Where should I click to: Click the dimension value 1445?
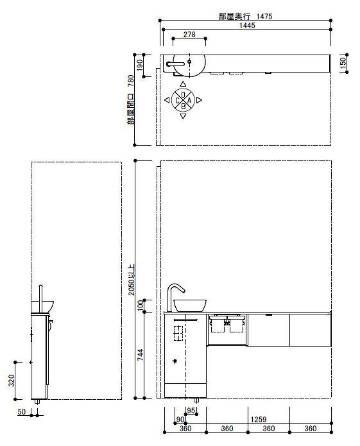click(x=247, y=25)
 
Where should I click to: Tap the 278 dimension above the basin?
click(x=189, y=35)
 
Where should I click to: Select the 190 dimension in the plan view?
click(x=140, y=65)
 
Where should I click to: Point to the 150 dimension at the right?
click(x=343, y=62)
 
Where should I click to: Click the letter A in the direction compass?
click(x=189, y=100)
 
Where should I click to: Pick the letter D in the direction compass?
click(x=183, y=94)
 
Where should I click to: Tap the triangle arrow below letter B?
click(x=183, y=116)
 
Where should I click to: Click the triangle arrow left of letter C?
click(x=167, y=100)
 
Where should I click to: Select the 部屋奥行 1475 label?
click(x=245, y=16)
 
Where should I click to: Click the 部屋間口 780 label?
click(x=130, y=99)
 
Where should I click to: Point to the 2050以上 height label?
click(x=131, y=280)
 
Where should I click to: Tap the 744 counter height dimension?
click(x=140, y=355)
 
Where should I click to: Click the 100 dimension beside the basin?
click(x=140, y=305)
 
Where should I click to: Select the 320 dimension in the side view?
click(x=12, y=381)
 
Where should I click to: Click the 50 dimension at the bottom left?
click(x=22, y=411)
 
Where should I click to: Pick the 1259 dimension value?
click(x=259, y=419)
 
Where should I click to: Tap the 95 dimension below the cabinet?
click(x=191, y=411)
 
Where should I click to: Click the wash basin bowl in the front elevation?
click(x=190, y=305)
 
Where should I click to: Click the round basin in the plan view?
click(x=189, y=65)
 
